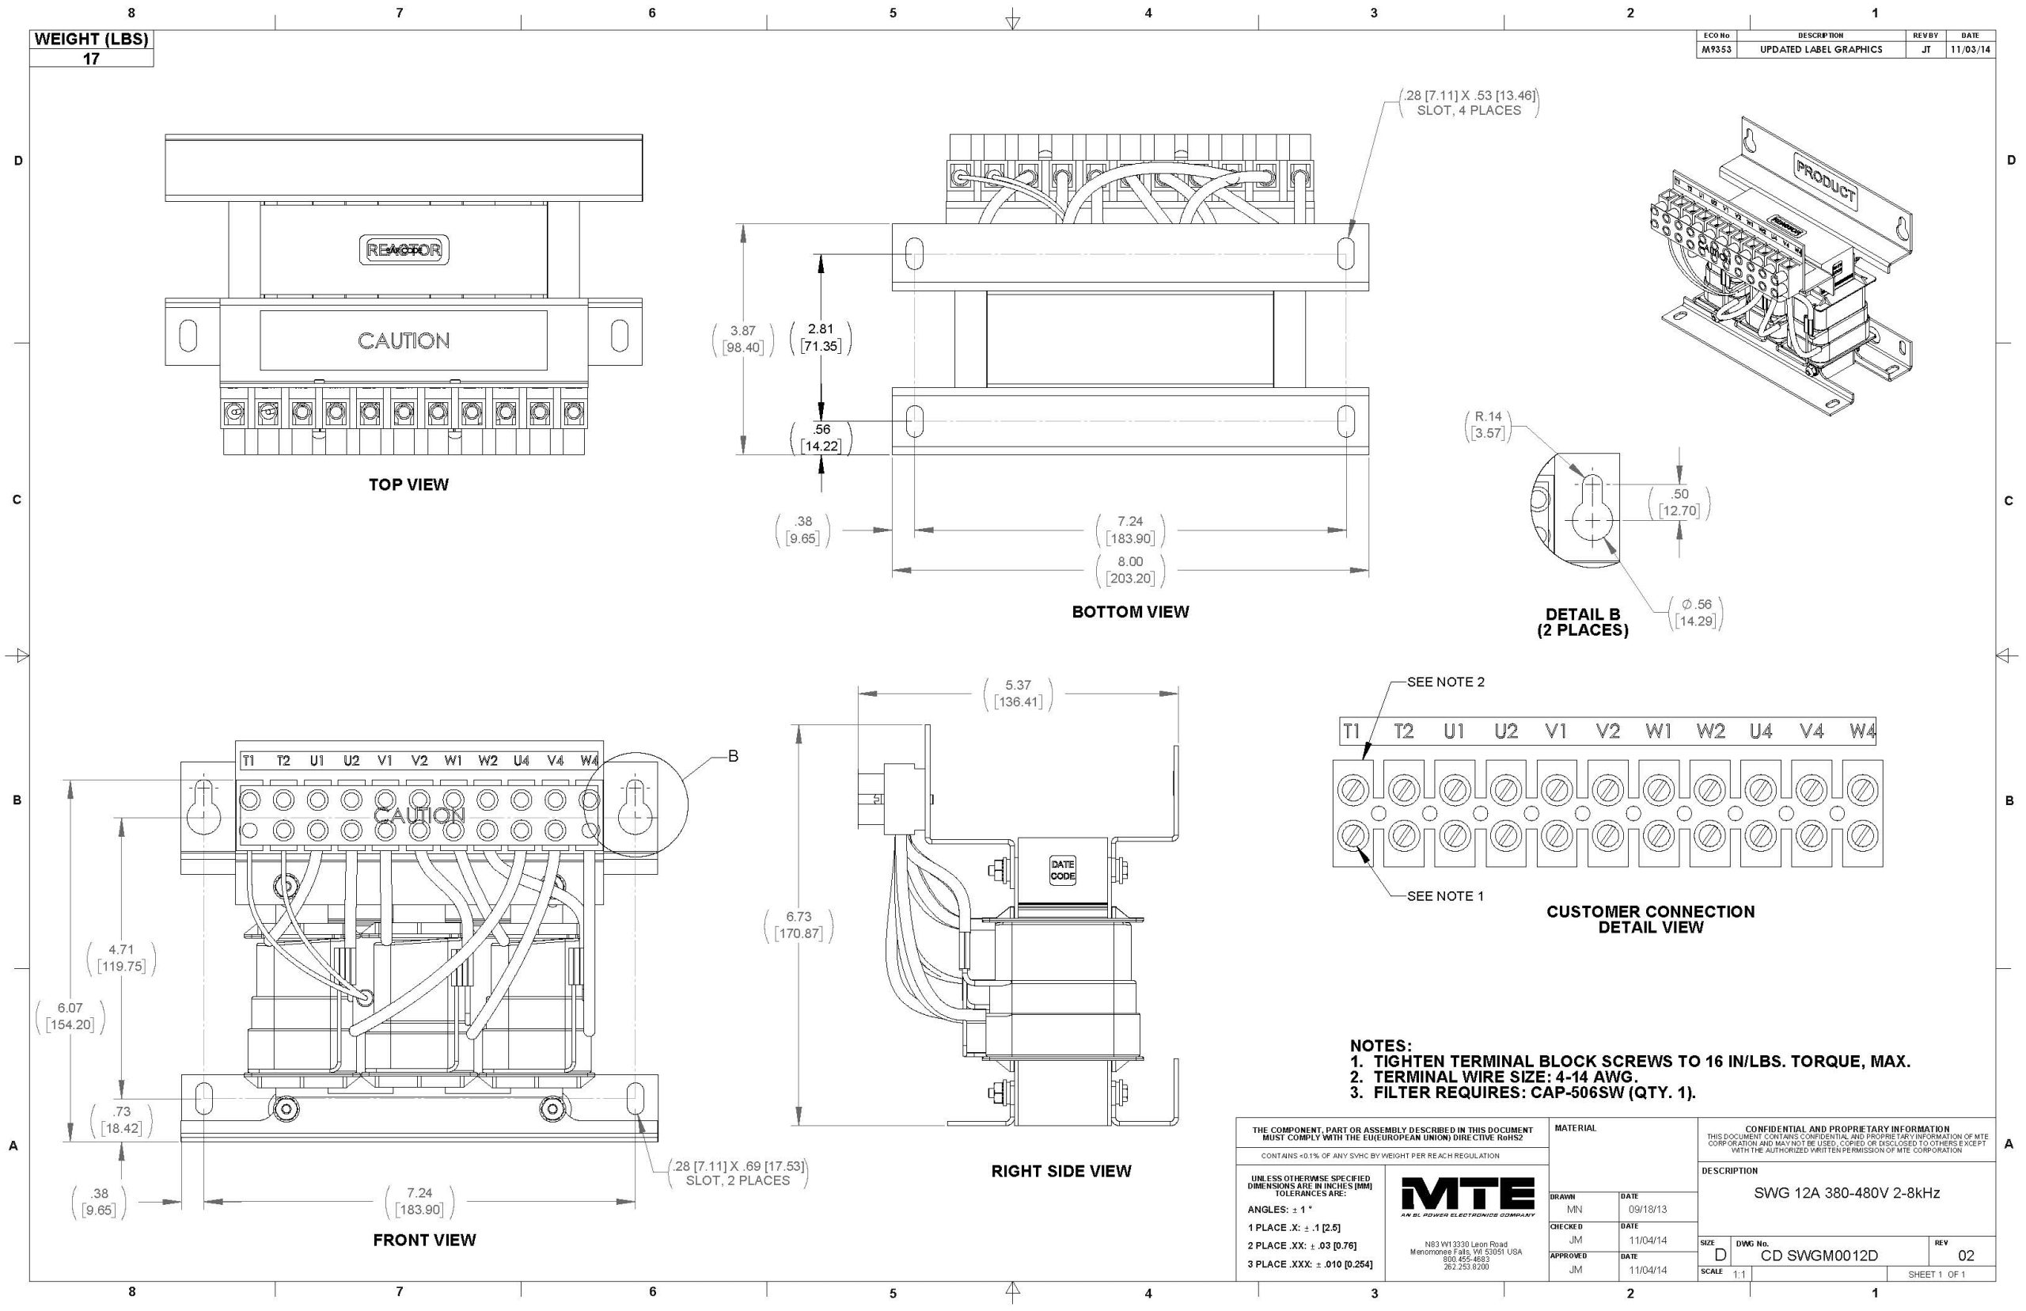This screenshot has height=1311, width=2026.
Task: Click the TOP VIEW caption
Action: click(x=408, y=484)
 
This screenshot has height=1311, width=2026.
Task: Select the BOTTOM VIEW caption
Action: click(x=1129, y=611)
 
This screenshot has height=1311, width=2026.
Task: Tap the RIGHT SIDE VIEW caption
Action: click(x=1060, y=1171)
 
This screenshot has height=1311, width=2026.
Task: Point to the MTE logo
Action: click(x=1467, y=1198)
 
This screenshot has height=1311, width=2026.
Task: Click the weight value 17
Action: click(x=91, y=59)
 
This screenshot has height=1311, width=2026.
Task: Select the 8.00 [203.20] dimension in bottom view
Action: click(x=1129, y=569)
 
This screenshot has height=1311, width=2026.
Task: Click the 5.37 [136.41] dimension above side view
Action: click(x=1017, y=693)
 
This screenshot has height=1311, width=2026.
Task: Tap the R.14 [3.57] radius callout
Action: click(x=1487, y=424)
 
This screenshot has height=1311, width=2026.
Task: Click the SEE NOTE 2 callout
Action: click(x=1445, y=682)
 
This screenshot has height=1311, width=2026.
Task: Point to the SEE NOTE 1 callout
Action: click(x=1445, y=895)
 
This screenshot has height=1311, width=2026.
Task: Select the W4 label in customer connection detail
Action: click(x=1861, y=731)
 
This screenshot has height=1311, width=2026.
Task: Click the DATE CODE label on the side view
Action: click(x=1062, y=870)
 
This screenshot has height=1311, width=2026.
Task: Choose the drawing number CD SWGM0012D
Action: click(x=1819, y=1256)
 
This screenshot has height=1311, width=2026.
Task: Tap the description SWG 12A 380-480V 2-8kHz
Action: click(x=1846, y=1193)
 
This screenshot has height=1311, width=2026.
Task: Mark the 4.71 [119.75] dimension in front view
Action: click(x=121, y=958)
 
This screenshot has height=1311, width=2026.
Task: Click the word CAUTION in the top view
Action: click(x=403, y=340)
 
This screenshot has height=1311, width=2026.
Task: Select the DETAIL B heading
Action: click(x=1582, y=614)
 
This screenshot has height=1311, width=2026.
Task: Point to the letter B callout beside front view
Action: click(x=733, y=756)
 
